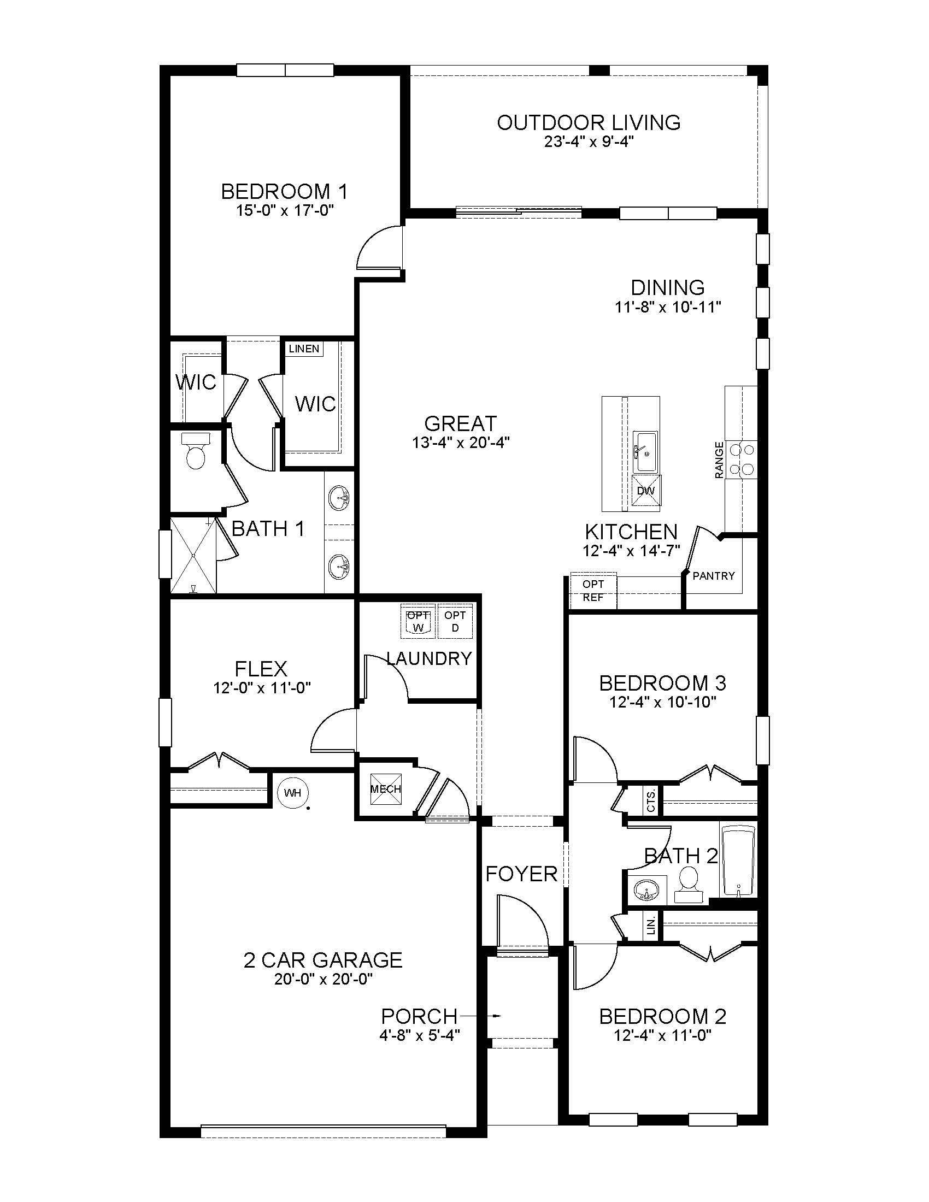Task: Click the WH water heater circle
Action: coord(293,793)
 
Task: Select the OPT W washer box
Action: coord(418,621)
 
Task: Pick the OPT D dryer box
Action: coord(455,621)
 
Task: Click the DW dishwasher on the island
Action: coord(646,490)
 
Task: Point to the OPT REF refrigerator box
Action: coord(593,591)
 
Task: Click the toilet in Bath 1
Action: coord(196,451)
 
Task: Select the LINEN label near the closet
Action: coord(304,349)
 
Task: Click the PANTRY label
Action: coord(713,576)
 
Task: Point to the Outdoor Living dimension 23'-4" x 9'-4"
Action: coord(589,142)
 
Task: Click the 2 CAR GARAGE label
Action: coord(323,961)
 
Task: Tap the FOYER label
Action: coord(521,874)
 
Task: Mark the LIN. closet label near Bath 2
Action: coord(651,926)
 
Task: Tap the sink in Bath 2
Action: coord(646,890)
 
